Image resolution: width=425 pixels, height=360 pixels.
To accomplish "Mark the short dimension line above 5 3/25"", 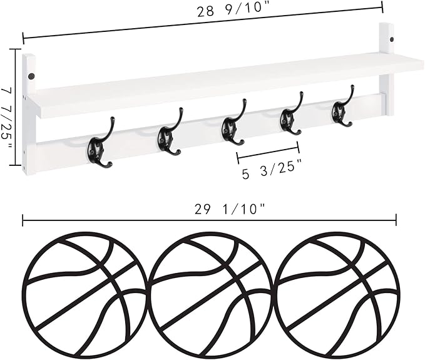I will (x=268, y=152).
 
